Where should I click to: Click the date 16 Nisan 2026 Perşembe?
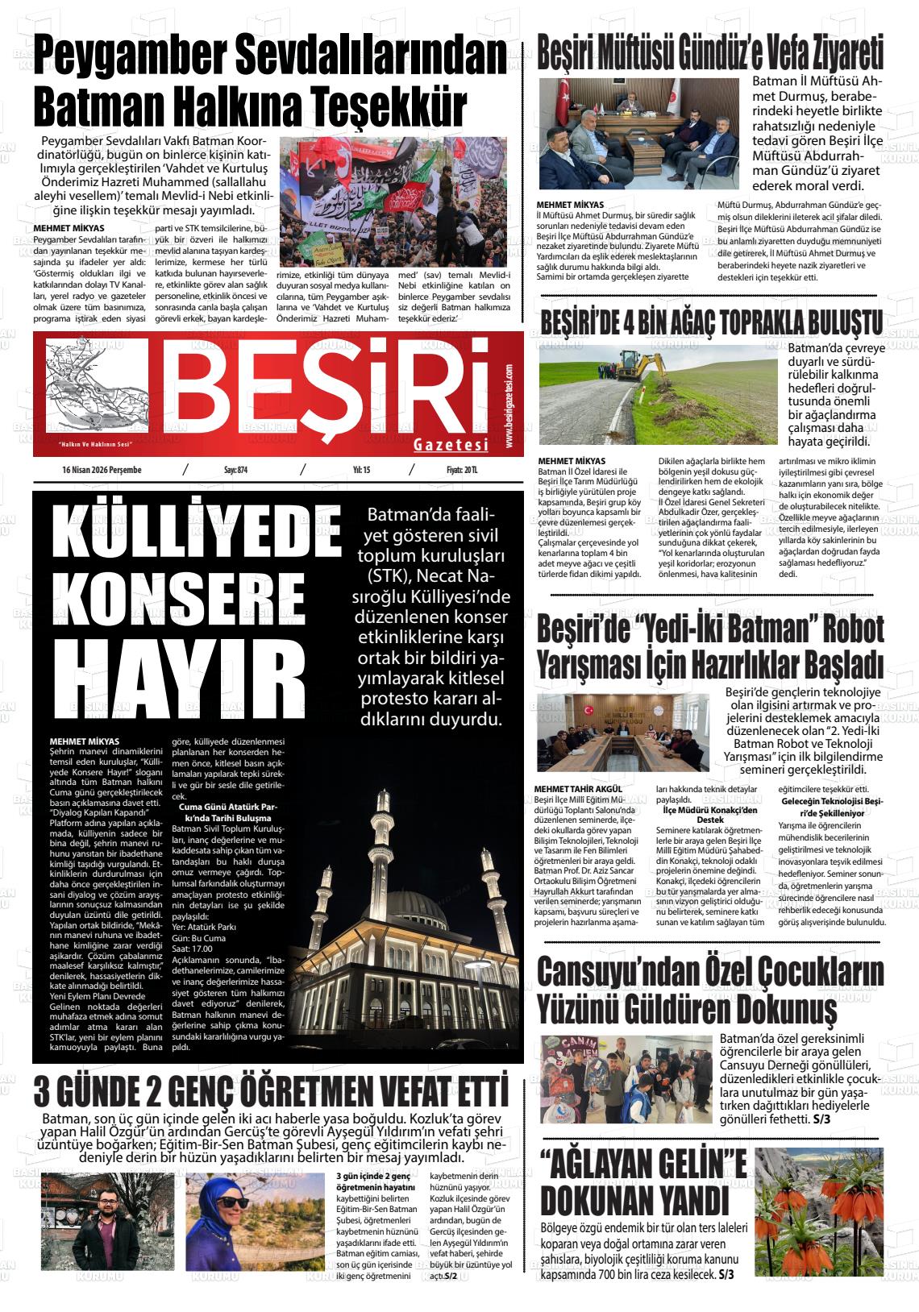[x=102, y=470]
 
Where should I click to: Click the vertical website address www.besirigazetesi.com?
[x=510, y=407]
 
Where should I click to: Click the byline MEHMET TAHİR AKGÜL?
[x=579, y=788]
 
